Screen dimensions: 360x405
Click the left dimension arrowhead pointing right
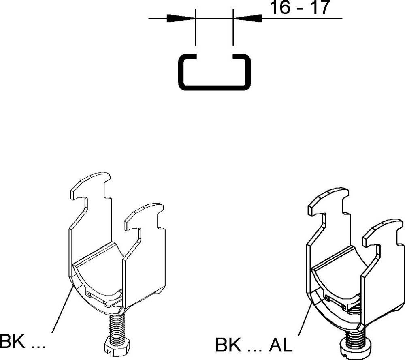[180, 18]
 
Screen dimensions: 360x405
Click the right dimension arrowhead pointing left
[248, 18]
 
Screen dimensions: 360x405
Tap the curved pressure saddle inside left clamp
[97, 276]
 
